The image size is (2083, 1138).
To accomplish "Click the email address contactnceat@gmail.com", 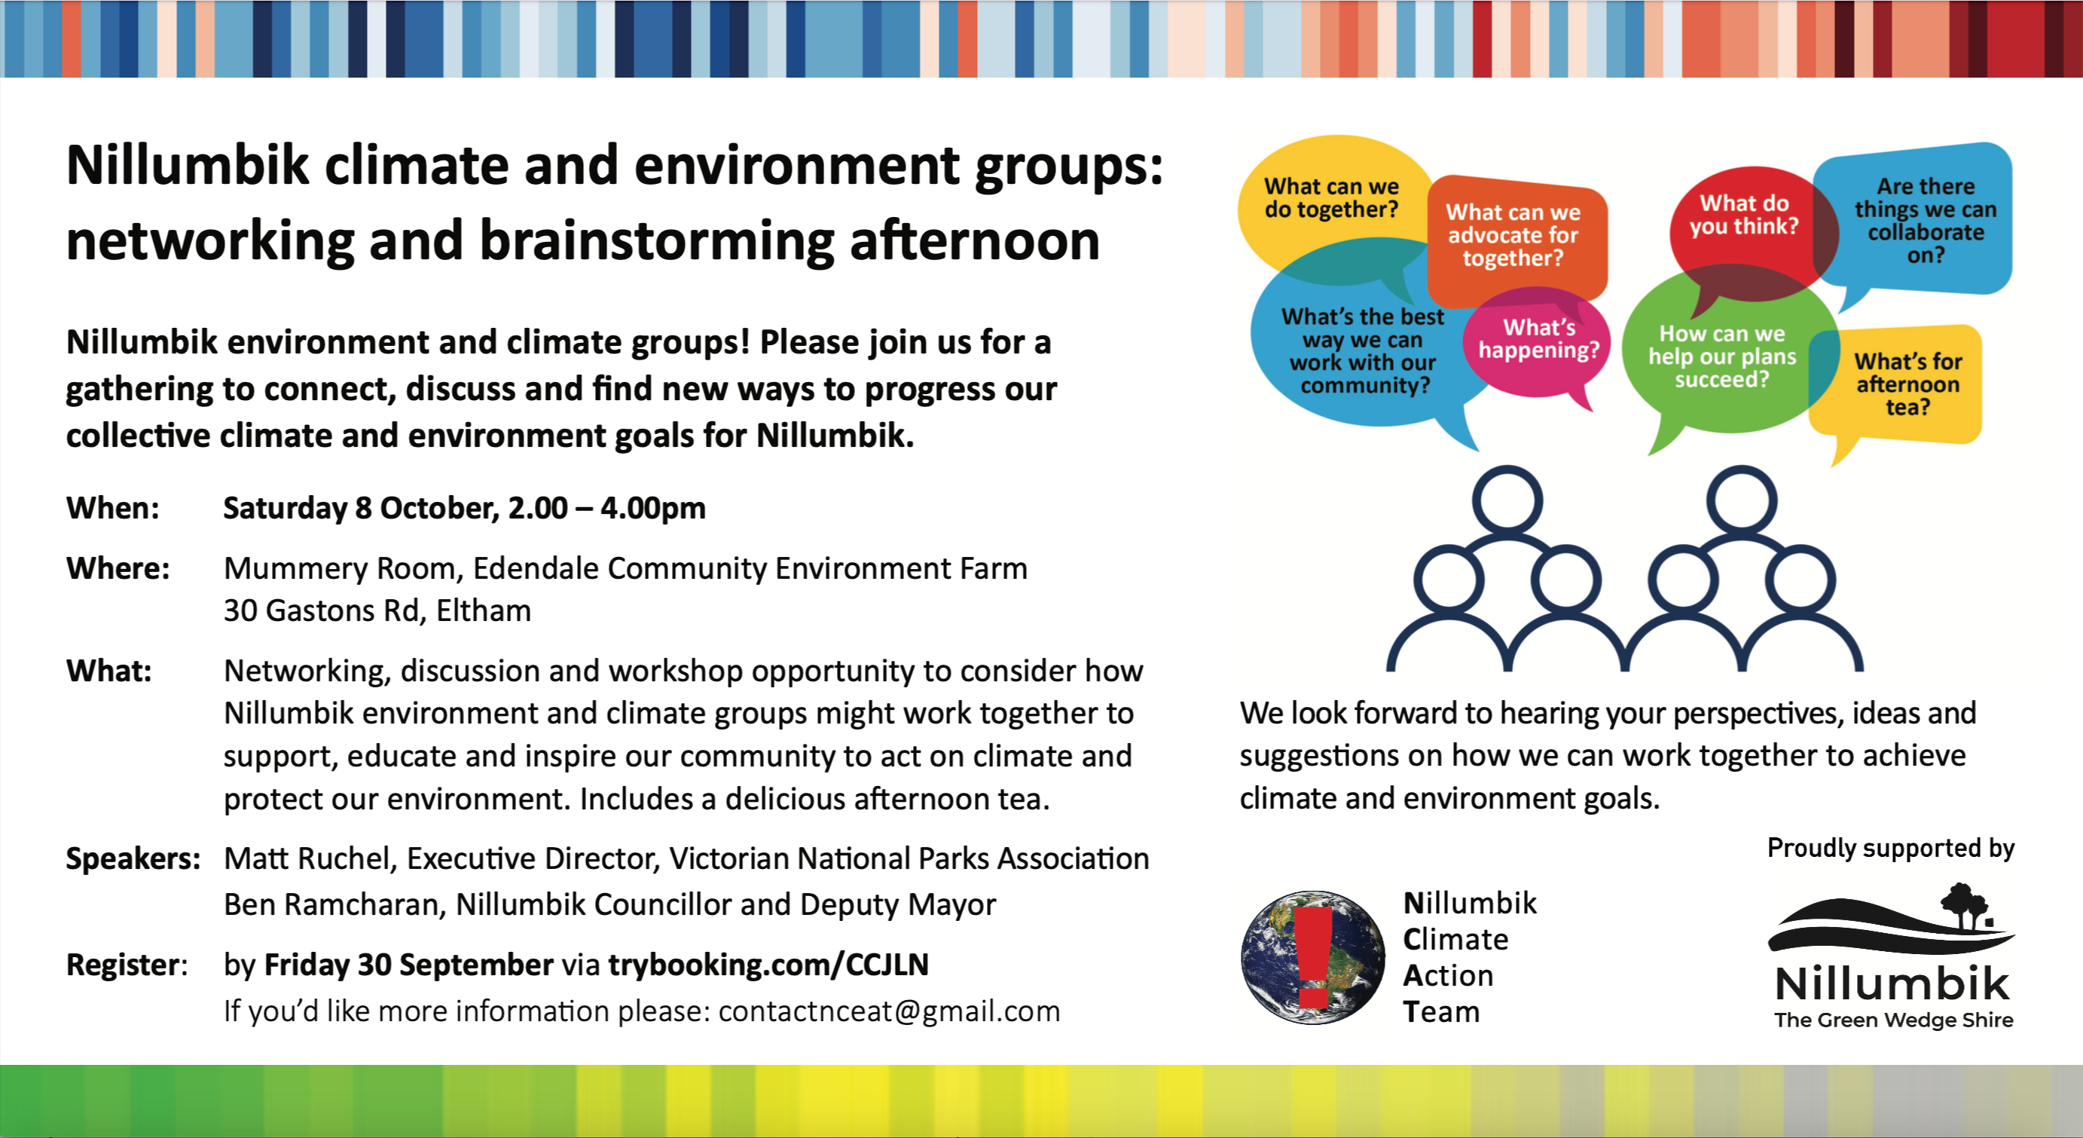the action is tap(889, 1011).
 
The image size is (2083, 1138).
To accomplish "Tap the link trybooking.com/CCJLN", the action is tap(768, 964).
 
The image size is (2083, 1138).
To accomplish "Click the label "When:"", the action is tap(113, 508).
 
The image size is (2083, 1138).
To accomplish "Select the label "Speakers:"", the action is tap(133, 858).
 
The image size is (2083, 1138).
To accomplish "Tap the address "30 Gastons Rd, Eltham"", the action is tap(377, 610).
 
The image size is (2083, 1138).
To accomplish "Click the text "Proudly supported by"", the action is tap(1891, 848).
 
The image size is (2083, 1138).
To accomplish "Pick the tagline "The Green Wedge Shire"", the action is tap(1894, 1020).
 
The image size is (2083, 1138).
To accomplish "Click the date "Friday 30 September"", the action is tap(409, 964).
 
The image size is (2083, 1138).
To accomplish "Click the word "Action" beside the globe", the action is tap(1448, 975).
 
